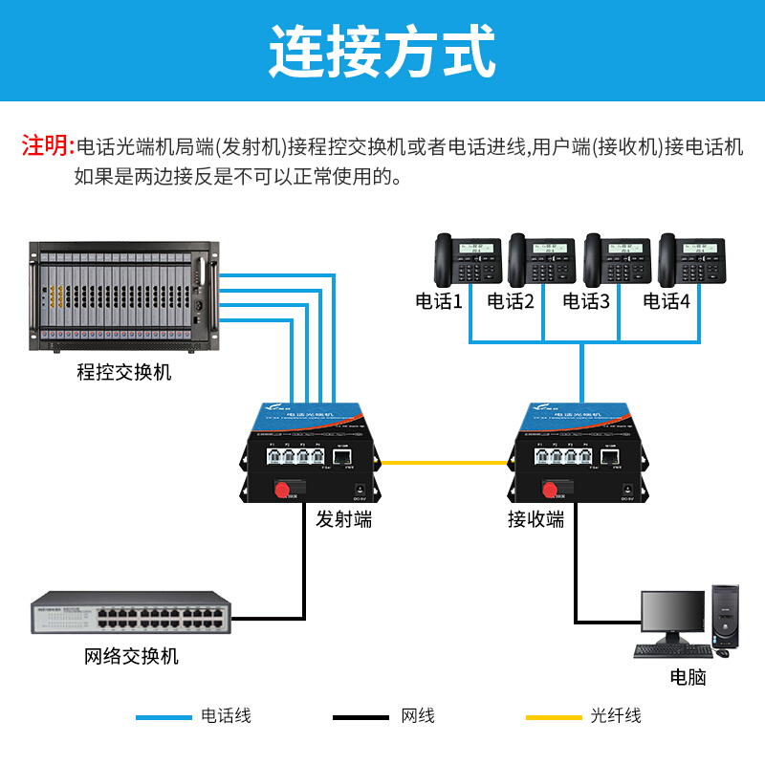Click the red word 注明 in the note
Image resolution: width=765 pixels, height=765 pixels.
pos(47,146)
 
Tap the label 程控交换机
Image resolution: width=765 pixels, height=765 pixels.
pos(124,372)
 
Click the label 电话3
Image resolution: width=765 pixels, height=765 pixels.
pos(586,302)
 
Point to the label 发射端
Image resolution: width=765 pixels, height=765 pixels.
pos(344,519)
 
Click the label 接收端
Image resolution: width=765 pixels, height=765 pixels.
pos(535,519)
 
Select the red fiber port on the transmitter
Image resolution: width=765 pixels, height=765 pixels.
pos(283,490)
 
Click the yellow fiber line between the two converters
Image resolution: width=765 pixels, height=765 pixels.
pos(442,464)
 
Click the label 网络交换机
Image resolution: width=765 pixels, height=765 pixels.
pos(132,657)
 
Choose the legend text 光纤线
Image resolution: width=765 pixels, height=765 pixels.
pos(616,716)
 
